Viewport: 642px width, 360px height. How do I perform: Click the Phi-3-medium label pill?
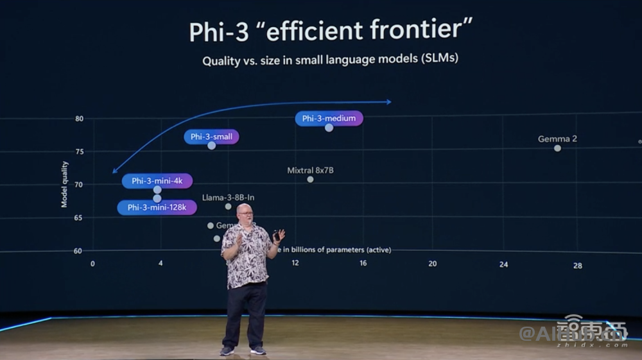tap(329, 118)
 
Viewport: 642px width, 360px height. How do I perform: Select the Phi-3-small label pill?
tap(211, 137)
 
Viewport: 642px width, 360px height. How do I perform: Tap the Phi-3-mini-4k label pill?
tap(157, 181)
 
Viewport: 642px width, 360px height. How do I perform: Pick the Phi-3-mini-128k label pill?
tap(157, 207)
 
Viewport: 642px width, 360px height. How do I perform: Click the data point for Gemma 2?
tap(557, 148)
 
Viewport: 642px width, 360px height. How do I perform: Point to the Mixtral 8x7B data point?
tap(310, 179)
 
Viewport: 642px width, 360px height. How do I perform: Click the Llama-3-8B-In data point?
tap(228, 206)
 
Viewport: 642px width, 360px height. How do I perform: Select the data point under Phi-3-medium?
tap(329, 128)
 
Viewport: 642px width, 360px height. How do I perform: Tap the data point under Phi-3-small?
tap(211, 146)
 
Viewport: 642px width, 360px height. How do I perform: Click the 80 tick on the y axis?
tap(79, 119)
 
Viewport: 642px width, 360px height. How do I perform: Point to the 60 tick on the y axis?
tap(78, 251)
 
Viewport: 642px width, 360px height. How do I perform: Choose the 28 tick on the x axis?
tap(578, 266)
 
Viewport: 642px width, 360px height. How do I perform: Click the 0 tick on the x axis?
tap(92, 264)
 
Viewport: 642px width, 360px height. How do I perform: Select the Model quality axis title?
tap(64, 184)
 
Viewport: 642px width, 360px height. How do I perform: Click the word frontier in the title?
tap(420, 30)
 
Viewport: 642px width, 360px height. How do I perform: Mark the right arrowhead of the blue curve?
tap(388, 101)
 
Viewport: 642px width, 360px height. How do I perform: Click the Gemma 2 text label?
tap(557, 139)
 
